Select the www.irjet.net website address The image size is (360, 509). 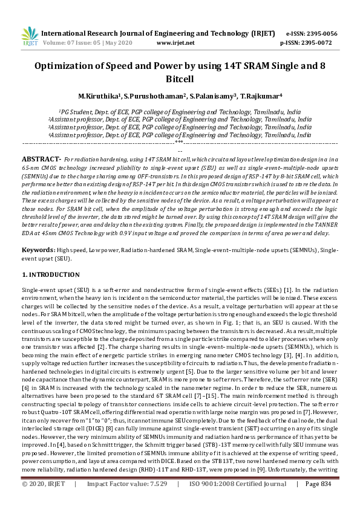tap(175, 43)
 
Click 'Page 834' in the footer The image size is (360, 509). tap(318, 501)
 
